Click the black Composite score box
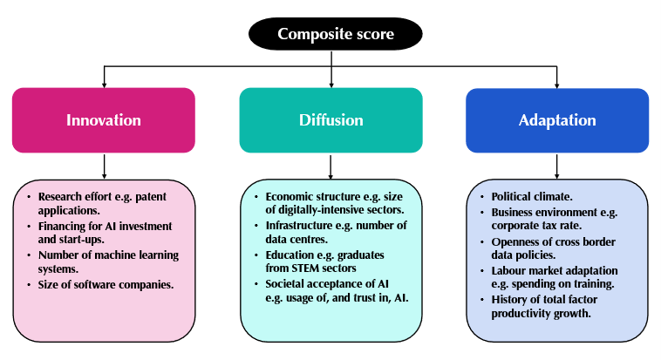[335, 35]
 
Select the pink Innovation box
[104, 120]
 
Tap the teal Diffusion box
[330, 120]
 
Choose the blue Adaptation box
[557, 120]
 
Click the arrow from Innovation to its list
[104, 166]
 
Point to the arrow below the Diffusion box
[330, 166]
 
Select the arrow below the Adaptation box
[557, 166]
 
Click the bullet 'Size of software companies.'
[106, 283]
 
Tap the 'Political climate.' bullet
[532, 197]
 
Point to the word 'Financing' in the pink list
[63, 226]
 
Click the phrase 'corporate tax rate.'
[539, 226]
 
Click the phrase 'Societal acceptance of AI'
[328, 283]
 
